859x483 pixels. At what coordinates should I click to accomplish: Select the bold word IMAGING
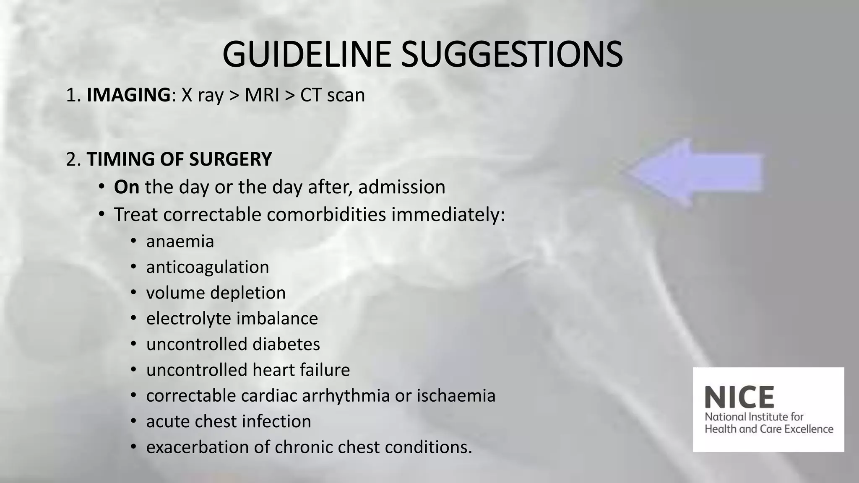coord(128,95)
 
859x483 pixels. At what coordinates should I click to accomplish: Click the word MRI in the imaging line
coord(262,95)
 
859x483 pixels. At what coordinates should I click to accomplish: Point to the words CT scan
coord(333,95)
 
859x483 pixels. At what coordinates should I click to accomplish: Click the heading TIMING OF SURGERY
coord(179,159)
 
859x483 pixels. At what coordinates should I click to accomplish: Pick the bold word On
coord(127,187)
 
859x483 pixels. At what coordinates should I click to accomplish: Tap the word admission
coord(401,187)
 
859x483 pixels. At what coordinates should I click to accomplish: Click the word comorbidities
coord(326,215)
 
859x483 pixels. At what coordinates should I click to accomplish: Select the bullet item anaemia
coord(180,241)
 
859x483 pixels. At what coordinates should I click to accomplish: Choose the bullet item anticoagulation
coord(208,267)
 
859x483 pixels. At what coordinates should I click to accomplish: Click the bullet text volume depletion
coord(216,293)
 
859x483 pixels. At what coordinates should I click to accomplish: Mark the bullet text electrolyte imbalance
coord(232,318)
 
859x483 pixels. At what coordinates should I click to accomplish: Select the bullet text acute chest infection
coord(229,421)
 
